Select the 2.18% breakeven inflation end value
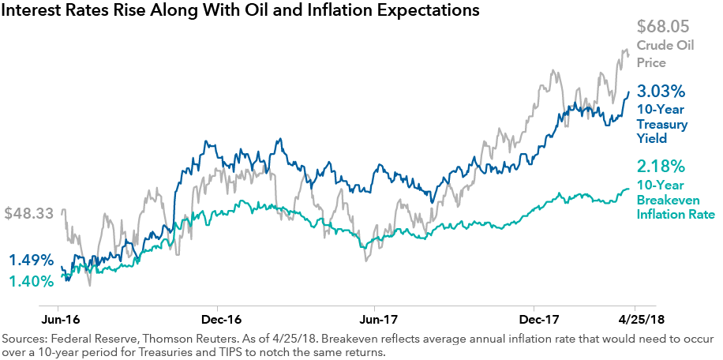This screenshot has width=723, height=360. click(661, 168)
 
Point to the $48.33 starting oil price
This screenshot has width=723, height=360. click(30, 214)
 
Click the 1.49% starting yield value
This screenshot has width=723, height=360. click(32, 260)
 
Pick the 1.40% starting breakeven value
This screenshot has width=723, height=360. click(32, 280)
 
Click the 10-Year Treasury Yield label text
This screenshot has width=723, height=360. click(662, 125)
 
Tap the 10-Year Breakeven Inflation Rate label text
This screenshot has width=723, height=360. click(676, 200)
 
